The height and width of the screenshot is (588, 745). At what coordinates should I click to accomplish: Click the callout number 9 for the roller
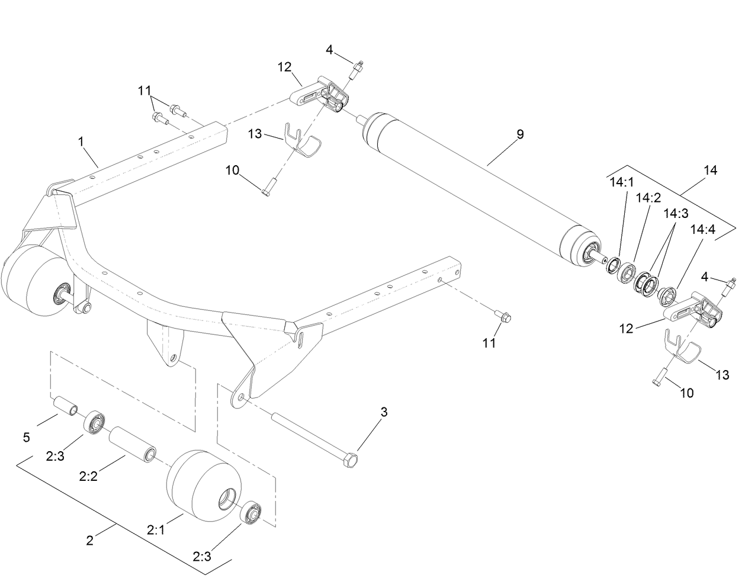tap(519, 135)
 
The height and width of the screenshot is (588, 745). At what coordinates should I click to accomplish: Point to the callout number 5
tap(26, 438)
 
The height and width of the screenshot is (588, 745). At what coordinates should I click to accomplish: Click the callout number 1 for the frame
tap(81, 142)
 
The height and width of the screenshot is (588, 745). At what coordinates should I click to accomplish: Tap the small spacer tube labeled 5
tap(66, 407)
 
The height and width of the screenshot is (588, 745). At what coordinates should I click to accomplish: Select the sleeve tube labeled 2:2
tap(133, 443)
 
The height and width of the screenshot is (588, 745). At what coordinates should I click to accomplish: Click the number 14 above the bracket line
tap(711, 171)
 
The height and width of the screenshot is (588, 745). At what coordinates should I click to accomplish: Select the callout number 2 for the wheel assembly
tap(89, 540)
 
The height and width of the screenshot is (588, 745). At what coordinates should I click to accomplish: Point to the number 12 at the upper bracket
tap(285, 67)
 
